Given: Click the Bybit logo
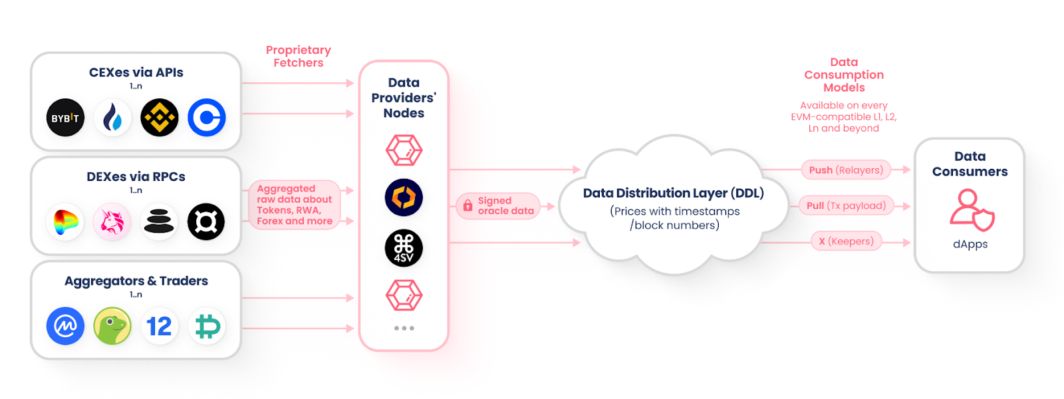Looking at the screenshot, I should pyautogui.click(x=65, y=118).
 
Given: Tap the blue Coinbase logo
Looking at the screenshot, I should pyautogui.click(x=207, y=118).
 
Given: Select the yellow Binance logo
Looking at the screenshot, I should pyautogui.click(x=160, y=118).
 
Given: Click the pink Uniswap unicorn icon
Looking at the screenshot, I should pyautogui.click(x=112, y=222).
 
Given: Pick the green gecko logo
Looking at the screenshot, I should pyautogui.click(x=112, y=326).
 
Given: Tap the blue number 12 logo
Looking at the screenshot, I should pyautogui.click(x=160, y=326).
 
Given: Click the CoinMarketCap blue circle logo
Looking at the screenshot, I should pyautogui.click(x=65, y=326).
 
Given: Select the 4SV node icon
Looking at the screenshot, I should pyautogui.click(x=404, y=248).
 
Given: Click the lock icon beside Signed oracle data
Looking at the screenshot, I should pyautogui.click(x=467, y=206).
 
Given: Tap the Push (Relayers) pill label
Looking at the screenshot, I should pyautogui.click(x=846, y=170).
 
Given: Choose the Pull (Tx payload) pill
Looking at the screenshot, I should pyautogui.click(x=846, y=206).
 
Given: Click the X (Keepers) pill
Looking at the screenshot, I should pyautogui.click(x=846, y=241).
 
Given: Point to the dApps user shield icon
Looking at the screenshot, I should pyautogui.click(x=972, y=209).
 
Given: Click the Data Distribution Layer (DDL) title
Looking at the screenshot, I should pyautogui.click(x=673, y=194).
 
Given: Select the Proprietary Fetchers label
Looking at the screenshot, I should pyautogui.click(x=299, y=57).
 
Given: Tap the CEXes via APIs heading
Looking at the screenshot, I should pyautogui.click(x=136, y=72).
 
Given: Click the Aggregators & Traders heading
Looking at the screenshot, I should pyautogui.click(x=136, y=281).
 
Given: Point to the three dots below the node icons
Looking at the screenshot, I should pyautogui.click(x=404, y=329).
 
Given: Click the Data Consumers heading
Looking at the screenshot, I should pyautogui.click(x=970, y=164).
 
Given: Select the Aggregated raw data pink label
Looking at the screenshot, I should pyautogui.click(x=295, y=205).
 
